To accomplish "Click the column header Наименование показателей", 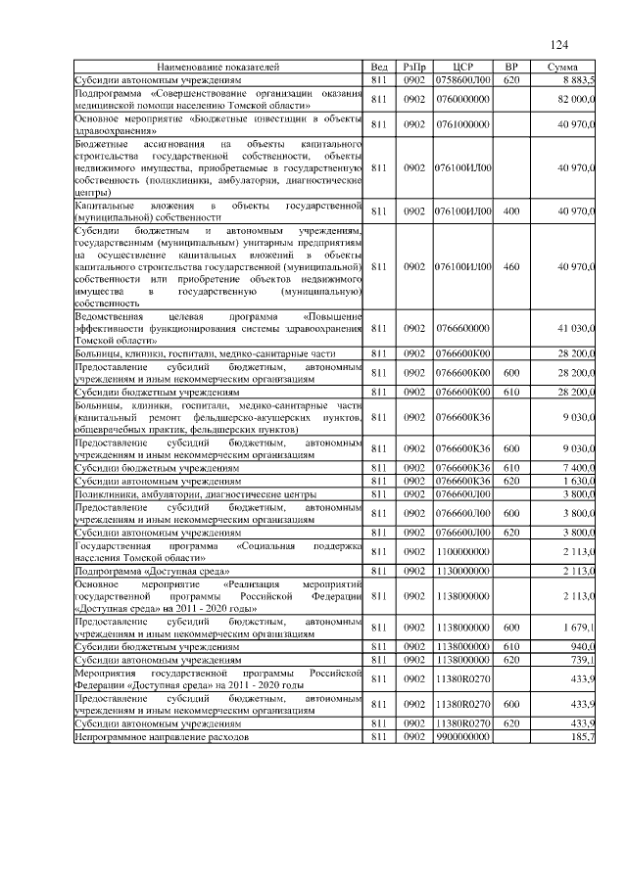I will (217, 67).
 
